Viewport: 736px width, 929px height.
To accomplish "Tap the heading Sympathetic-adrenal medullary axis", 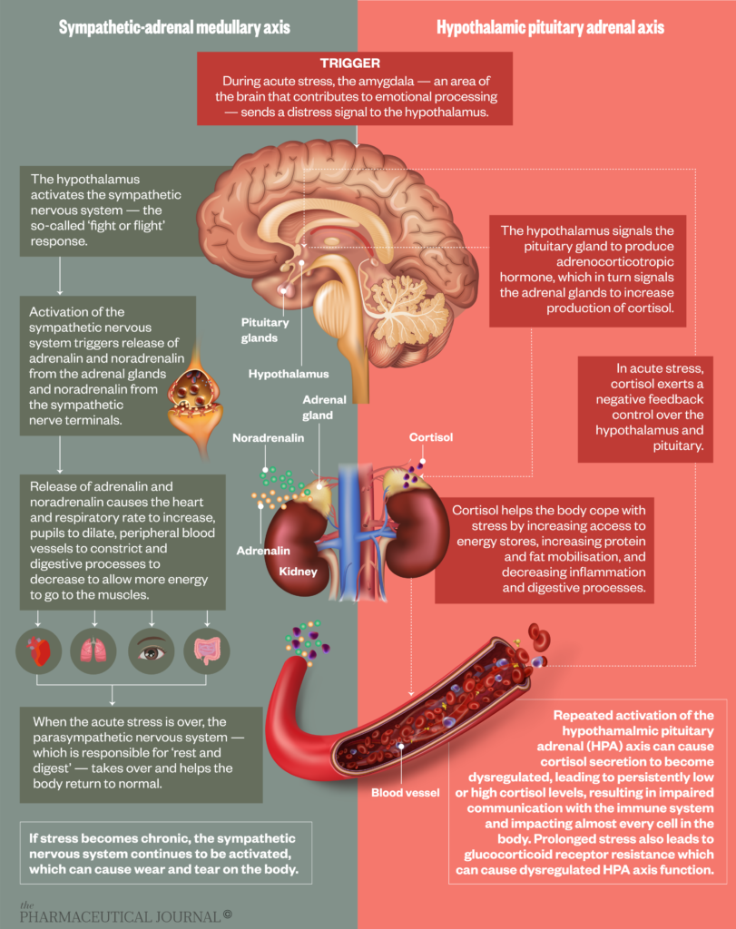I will click(174, 27).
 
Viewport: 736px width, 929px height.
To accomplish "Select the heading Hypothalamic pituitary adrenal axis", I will click(550, 27).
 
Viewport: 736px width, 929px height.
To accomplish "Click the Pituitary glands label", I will click(265, 330).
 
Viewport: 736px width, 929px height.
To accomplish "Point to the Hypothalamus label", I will click(289, 373).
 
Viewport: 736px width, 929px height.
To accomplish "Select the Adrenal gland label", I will click(318, 407).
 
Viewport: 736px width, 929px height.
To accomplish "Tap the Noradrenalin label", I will click(268, 437).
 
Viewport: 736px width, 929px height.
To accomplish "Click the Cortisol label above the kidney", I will click(430, 437).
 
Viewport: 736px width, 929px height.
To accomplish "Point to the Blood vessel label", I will click(405, 792).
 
